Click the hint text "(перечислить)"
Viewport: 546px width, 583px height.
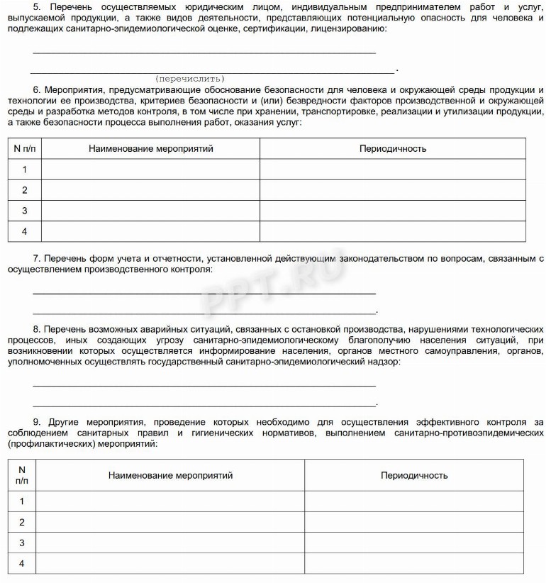coord(189,78)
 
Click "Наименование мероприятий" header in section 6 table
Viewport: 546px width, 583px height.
coord(150,149)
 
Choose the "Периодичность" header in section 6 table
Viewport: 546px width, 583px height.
coord(393,149)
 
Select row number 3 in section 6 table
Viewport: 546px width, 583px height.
coord(24,211)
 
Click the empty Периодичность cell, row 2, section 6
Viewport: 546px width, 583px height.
coord(393,190)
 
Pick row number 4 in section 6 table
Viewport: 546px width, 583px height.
coord(24,231)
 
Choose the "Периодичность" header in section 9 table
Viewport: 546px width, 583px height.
coord(414,475)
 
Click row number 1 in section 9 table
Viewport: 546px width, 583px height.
coord(22,501)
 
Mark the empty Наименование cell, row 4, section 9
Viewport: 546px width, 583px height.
coord(170,564)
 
